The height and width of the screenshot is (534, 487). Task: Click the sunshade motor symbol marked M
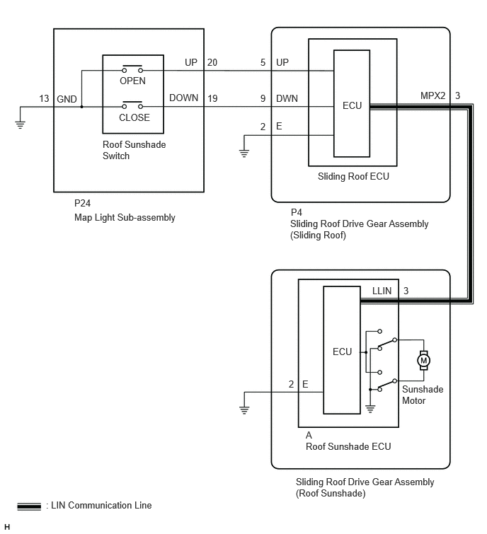pyautogui.click(x=423, y=360)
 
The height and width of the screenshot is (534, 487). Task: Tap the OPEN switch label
pyautogui.click(x=132, y=81)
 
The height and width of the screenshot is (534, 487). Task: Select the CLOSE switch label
pyautogui.click(x=134, y=117)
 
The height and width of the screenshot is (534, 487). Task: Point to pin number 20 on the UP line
pyautogui.click(x=212, y=62)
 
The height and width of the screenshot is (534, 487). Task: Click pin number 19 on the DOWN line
pyautogui.click(x=212, y=98)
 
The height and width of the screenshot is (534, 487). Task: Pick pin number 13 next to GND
pyautogui.click(x=44, y=98)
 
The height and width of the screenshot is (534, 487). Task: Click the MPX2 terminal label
pyautogui.click(x=432, y=95)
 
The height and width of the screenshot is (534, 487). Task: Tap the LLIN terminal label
pyautogui.click(x=382, y=291)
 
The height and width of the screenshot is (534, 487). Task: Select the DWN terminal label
pyautogui.click(x=287, y=98)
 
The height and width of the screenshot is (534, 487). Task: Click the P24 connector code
pyautogui.click(x=83, y=203)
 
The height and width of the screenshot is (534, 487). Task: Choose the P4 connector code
pyautogui.click(x=297, y=212)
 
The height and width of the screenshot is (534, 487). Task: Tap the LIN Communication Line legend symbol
pyautogui.click(x=29, y=506)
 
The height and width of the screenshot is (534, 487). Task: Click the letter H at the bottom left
pyautogui.click(x=7, y=527)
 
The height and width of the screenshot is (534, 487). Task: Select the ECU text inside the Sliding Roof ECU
pyautogui.click(x=352, y=105)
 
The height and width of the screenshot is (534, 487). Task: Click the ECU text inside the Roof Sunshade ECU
pyautogui.click(x=342, y=352)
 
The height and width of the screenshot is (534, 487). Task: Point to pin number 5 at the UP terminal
pyautogui.click(x=263, y=62)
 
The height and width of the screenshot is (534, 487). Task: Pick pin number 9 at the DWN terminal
pyautogui.click(x=263, y=98)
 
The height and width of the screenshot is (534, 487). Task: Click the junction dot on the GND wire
pyautogui.click(x=82, y=107)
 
